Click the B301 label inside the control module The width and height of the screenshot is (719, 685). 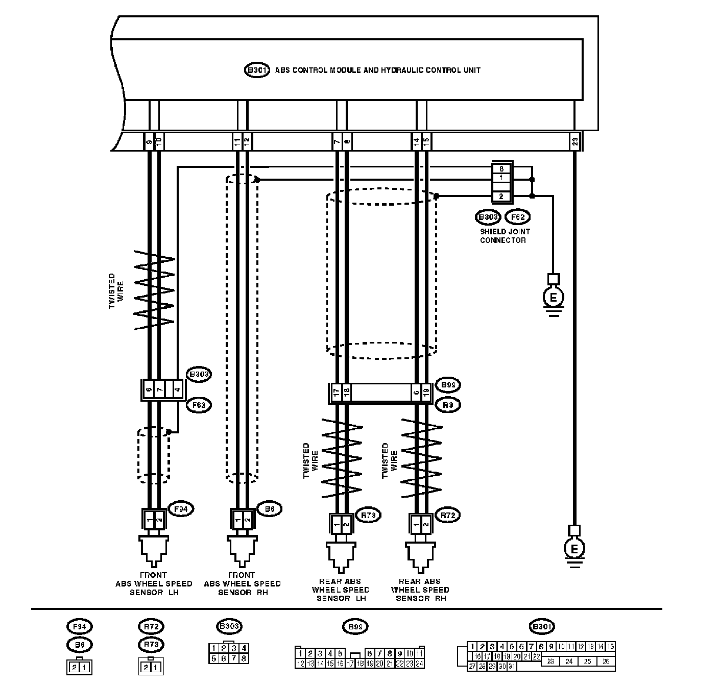click(256, 70)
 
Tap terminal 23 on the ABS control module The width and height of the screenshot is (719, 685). click(574, 142)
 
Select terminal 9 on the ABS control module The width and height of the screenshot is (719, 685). click(149, 142)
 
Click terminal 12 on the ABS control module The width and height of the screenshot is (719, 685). click(247, 142)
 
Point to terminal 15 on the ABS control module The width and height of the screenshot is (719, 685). click(426, 142)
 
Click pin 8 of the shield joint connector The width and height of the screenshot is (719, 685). click(501, 168)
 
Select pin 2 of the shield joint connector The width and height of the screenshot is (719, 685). click(501, 196)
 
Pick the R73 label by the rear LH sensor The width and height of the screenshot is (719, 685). click(368, 516)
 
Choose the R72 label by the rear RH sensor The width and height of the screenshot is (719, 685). click(447, 516)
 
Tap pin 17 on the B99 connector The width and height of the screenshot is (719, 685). click(337, 393)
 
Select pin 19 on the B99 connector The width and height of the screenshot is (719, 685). click(426, 393)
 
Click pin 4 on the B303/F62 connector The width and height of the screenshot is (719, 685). click(177, 390)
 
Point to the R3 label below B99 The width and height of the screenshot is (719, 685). click(448, 405)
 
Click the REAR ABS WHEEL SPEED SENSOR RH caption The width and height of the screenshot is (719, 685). click(420, 590)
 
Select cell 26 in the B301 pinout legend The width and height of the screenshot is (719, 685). click(606, 662)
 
